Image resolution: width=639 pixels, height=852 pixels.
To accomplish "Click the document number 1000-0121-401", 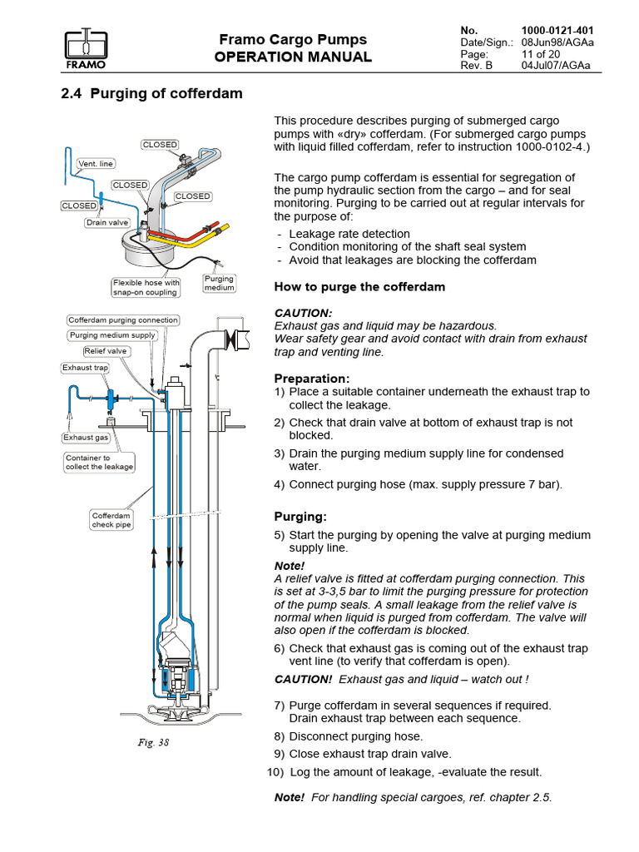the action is point(557,31).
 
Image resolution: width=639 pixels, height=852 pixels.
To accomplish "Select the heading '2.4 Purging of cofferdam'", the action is point(151,93).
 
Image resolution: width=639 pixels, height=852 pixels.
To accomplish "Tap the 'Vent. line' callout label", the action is point(96,164).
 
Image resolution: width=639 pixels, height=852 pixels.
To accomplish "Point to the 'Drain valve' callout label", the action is point(107,222).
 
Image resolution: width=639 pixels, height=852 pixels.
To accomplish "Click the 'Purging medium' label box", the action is point(219,283).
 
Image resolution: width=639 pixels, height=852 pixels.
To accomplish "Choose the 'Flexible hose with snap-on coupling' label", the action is point(146,287).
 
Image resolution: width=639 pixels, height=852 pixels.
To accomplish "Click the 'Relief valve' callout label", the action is point(106,351).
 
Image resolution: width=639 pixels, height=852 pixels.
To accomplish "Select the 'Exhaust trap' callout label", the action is point(86,368).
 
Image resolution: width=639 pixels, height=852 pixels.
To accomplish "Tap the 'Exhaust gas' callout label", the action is point(86,438).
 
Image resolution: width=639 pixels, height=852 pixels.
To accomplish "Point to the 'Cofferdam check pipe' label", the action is point(111,520).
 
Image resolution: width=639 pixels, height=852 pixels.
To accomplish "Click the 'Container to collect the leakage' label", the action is point(100,463).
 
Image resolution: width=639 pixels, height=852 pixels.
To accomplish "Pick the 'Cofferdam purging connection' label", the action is point(123,320).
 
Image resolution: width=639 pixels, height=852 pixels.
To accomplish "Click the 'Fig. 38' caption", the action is point(153,742).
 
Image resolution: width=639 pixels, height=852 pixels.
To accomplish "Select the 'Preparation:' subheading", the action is point(312,379).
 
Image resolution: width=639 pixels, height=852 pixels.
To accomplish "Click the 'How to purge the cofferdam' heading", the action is point(359,287).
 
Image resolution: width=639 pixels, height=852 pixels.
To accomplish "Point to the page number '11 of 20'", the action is point(541,54).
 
